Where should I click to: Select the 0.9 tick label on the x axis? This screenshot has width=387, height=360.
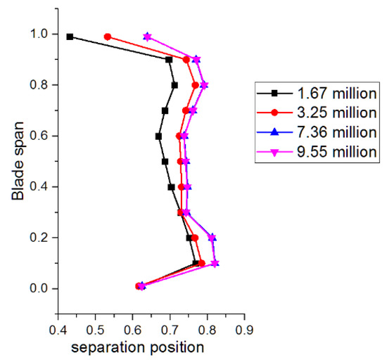(244, 328)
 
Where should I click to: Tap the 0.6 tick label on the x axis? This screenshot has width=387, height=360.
(132, 328)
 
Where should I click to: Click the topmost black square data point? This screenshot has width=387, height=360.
(70, 37)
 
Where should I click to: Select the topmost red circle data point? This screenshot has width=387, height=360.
(107, 37)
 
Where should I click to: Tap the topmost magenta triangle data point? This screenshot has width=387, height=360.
(147, 36)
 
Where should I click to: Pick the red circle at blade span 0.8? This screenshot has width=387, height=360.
(195, 85)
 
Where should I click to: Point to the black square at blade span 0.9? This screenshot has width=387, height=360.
(169, 60)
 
